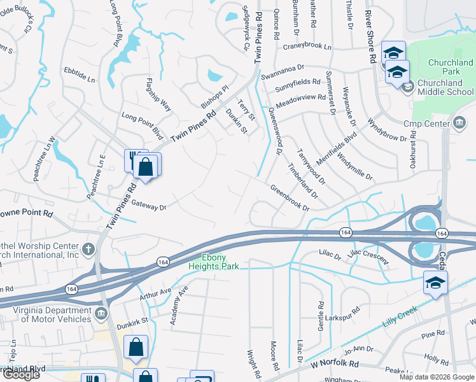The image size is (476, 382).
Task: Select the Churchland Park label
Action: pos(451,67)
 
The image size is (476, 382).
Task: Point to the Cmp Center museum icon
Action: pos(459,123)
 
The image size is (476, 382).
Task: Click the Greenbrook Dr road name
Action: pos(290,198)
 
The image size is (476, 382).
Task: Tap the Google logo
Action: pos(21,374)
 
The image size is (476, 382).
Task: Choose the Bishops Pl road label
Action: pos(214,96)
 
